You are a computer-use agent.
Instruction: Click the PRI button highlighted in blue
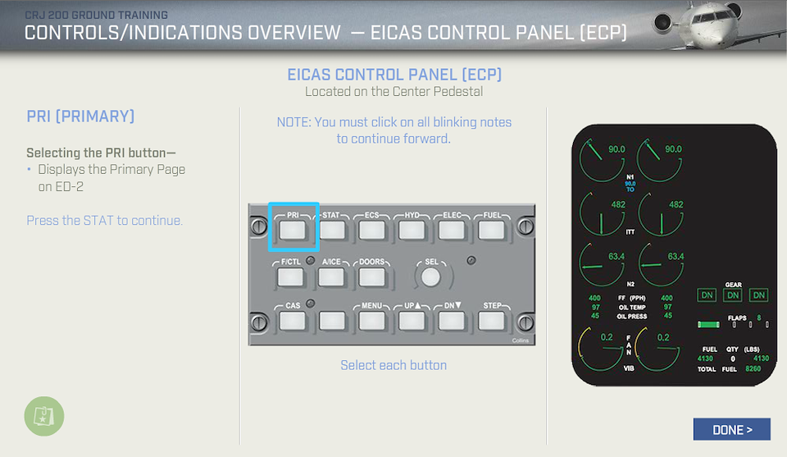coord(293,231)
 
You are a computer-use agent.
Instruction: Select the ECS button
coord(372,231)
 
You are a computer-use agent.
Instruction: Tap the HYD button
coord(412,231)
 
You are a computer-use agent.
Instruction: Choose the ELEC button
coord(451,231)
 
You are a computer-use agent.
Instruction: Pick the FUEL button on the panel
coord(491,231)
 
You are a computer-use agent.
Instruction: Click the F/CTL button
coord(290,277)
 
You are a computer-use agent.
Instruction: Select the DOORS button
coord(372,277)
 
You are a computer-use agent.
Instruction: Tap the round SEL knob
coord(430,277)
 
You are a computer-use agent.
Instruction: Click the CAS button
coord(293,321)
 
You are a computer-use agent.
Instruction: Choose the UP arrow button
coord(412,321)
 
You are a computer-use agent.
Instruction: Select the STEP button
coord(491,321)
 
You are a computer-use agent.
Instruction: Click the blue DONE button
coord(732,429)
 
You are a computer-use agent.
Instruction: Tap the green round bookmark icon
coord(44,416)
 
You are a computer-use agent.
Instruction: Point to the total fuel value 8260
coord(753,368)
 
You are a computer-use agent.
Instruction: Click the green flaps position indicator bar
coord(708,324)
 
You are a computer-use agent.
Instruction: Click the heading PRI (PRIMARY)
coord(80,117)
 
